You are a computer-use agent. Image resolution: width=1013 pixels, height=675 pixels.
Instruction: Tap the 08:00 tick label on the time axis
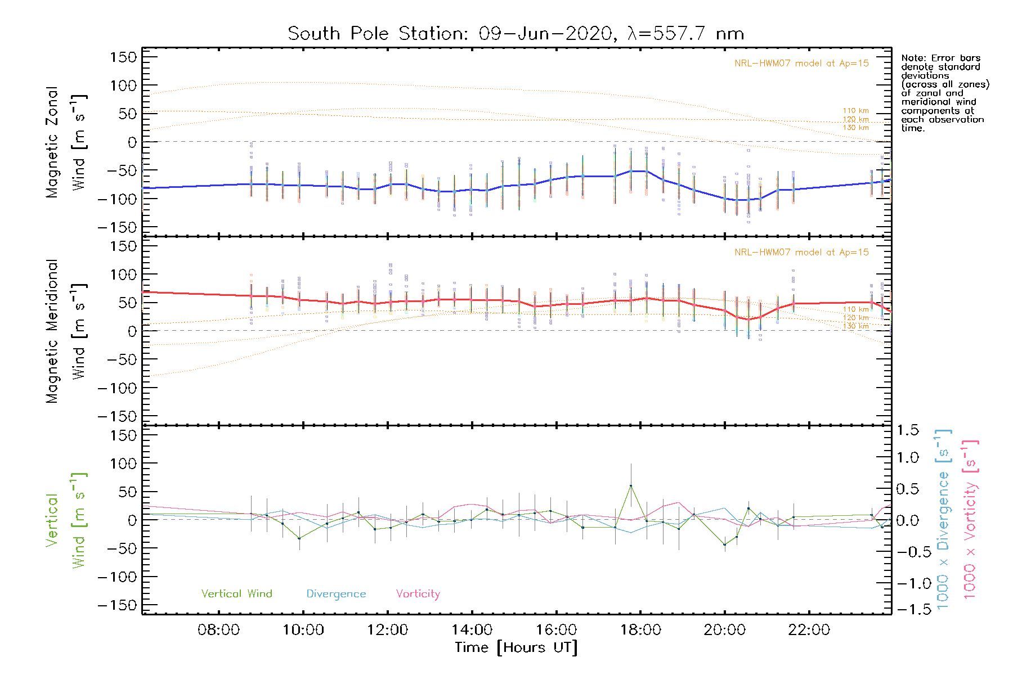(218, 630)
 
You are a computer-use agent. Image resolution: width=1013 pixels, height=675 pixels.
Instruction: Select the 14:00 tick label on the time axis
(472, 630)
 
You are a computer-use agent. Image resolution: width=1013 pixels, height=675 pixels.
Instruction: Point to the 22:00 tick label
(809, 630)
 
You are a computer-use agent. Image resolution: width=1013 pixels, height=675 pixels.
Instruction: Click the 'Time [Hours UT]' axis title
(516, 648)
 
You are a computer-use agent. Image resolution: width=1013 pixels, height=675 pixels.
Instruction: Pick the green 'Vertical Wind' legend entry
(236, 593)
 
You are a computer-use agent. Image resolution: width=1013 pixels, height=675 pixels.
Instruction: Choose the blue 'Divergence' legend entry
(336, 594)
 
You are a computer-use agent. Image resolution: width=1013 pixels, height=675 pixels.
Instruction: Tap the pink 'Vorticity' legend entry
(418, 594)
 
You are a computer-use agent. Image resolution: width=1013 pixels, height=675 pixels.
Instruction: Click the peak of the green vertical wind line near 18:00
(631, 485)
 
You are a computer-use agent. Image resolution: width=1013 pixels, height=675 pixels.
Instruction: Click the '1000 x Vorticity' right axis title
(970, 519)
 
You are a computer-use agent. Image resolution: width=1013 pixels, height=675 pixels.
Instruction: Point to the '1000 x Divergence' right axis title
(943, 519)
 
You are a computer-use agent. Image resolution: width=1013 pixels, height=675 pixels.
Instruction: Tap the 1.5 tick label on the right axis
(908, 430)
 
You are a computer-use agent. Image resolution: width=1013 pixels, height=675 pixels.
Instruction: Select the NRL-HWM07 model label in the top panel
(801, 64)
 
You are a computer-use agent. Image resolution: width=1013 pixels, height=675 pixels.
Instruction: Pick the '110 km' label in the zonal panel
(855, 111)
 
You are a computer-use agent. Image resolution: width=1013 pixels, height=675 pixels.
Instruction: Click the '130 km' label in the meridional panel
(855, 326)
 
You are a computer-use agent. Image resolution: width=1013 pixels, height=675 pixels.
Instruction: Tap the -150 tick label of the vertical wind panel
(117, 605)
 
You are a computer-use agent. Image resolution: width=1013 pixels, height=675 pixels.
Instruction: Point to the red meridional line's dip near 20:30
(748, 319)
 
